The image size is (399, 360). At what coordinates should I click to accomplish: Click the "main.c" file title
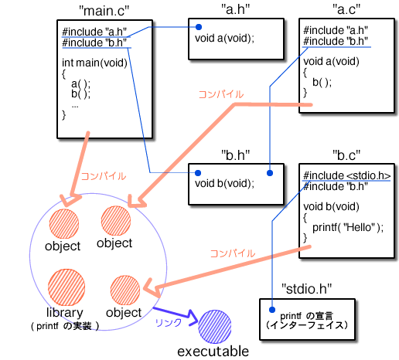tap(104, 11)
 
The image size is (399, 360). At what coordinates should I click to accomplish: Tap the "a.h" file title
tap(236, 9)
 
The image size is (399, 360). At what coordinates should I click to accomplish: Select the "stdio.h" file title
tap(307, 289)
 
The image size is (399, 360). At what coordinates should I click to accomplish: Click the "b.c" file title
tap(346, 155)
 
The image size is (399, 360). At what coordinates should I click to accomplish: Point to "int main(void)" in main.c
tap(94, 63)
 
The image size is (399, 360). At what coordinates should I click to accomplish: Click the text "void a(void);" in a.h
tap(224, 38)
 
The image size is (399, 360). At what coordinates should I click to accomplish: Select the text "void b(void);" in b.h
tap(224, 183)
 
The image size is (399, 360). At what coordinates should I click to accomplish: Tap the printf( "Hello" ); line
tap(348, 228)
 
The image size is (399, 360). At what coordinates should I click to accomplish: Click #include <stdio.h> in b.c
tap(347, 175)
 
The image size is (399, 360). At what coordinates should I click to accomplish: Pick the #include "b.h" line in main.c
tap(94, 42)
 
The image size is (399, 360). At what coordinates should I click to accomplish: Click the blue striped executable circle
tap(215, 327)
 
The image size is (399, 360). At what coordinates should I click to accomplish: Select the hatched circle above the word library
tap(66, 287)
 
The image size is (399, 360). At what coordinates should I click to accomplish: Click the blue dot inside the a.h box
tap(199, 27)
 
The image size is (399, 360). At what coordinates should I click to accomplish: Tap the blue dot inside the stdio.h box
tap(272, 310)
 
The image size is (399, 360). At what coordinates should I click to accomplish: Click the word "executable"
tap(213, 352)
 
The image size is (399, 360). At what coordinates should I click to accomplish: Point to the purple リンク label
tap(169, 322)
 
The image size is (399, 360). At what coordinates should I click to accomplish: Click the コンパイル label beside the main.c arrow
tap(104, 176)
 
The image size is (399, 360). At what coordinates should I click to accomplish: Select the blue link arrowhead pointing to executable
tap(193, 318)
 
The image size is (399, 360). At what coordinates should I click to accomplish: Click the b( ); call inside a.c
tap(322, 83)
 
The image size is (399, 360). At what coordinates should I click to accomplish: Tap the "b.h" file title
tap(236, 155)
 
